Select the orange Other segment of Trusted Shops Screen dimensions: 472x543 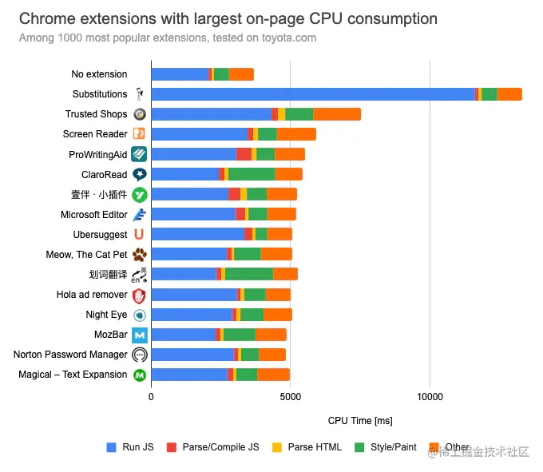click(x=337, y=114)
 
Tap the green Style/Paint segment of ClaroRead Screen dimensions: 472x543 click(x=252, y=174)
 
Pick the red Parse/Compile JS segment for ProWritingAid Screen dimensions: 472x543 click(x=244, y=154)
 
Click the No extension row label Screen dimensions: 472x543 click(x=99, y=74)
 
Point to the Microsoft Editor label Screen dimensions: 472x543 click(x=93, y=215)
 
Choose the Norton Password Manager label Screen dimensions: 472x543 click(x=70, y=355)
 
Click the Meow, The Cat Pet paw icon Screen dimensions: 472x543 click(x=140, y=255)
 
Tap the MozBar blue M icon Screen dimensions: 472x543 click(x=140, y=335)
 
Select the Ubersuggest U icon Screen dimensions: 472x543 click(x=140, y=235)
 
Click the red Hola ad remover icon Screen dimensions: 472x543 click(x=140, y=295)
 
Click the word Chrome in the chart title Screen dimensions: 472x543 click(x=47, y=18)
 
